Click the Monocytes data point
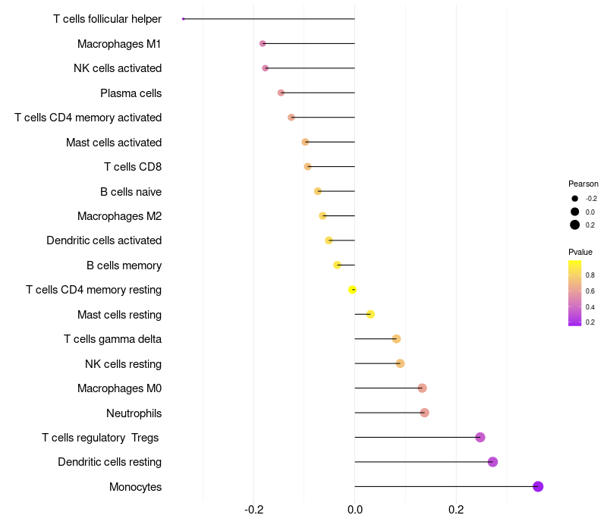(538, 486)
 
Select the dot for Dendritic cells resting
(492, 462)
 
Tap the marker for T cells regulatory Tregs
(480, 437)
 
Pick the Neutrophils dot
(424, 413)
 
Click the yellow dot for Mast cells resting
(370, 314)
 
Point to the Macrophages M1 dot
(263, 44)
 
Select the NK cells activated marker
(265, 68)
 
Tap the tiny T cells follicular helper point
(184, 19)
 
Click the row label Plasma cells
(131, 93)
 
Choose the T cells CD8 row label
(132, 167)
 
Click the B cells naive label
(131, 192)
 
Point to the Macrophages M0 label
(119, 388)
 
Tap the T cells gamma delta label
(112, 339)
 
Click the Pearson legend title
(583, 184)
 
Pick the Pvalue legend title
(580, 252)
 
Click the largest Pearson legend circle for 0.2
(575, 225)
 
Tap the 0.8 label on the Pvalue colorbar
(590, 275)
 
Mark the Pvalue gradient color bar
(575, 293)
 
